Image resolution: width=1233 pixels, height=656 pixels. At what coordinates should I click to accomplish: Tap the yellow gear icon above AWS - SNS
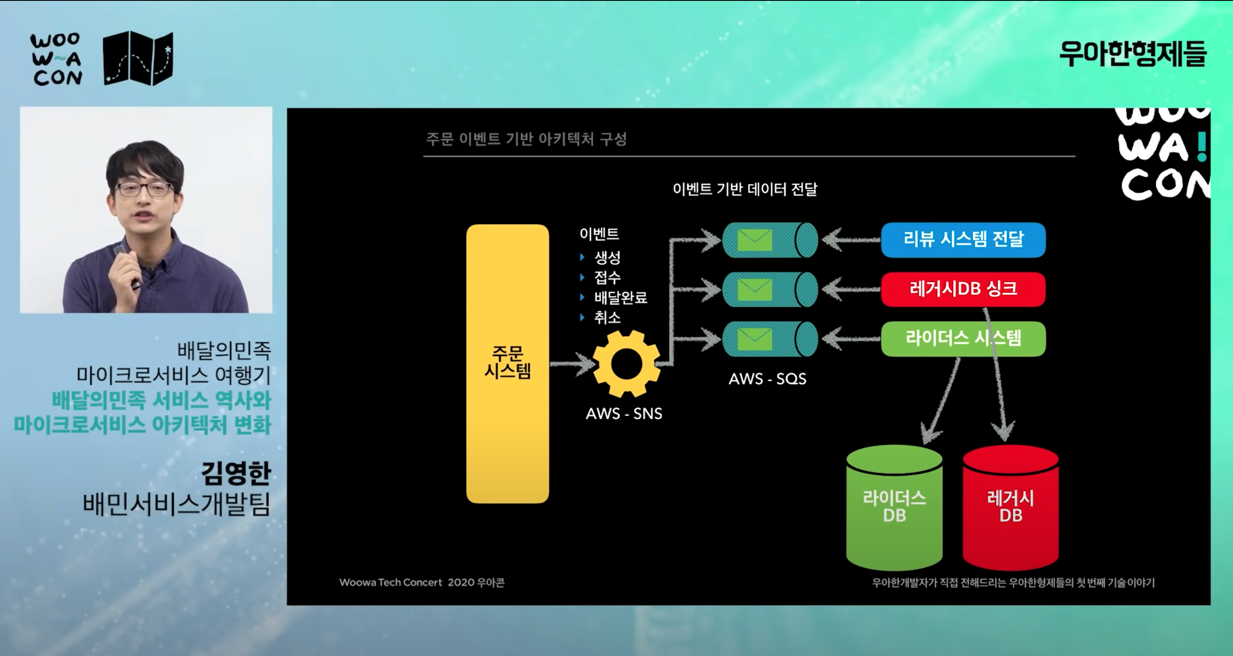(x=626, y=364)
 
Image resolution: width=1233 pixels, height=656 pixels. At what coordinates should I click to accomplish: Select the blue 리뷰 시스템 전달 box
(x=963, y=239)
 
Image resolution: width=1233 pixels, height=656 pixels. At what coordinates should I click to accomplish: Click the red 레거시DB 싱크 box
(x=963, y=289)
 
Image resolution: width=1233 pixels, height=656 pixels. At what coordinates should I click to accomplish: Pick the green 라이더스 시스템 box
(x=963, y=339)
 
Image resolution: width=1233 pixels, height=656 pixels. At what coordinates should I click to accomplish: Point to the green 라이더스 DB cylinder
(x=894, y=507)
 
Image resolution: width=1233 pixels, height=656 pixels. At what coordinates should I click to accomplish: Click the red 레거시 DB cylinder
(x=1011, y=507)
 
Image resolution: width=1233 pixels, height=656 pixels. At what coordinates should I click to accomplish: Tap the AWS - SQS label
(x=767, y=379)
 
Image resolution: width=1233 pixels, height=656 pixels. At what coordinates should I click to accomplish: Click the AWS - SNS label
(x=624, y=413)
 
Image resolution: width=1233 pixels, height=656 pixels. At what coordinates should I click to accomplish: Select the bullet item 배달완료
(x=620, y=298)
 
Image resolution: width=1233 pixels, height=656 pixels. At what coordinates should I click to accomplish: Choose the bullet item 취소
(x=607, y=318)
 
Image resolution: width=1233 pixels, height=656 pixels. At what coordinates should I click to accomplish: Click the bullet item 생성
(x=607, y=258)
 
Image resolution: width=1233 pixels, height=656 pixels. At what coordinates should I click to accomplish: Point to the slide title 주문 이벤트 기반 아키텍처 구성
(x=526, y=139)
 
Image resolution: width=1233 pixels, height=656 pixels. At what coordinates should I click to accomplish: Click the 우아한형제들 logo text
(x=1133, y=53)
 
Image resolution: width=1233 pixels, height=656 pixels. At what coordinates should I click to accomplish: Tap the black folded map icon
(x=138, y=58)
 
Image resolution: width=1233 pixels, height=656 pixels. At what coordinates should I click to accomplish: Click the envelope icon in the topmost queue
(x=754, y=240)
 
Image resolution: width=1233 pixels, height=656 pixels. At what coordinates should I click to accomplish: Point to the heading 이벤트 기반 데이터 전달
(x=745, y=190)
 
